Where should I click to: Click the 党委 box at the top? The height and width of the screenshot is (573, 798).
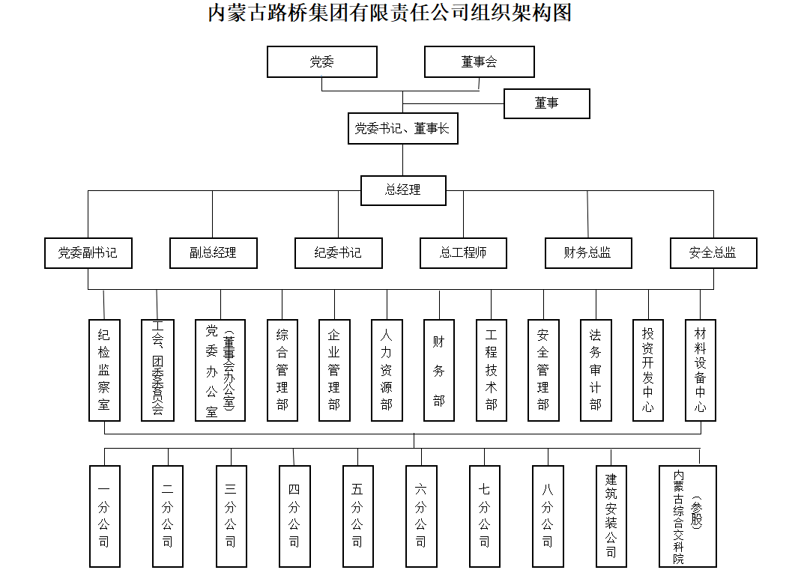click(x=322, y=62)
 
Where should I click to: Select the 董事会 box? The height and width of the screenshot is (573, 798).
click(x=480, y=62)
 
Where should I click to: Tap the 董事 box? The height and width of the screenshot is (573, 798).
click(x=547, y=103)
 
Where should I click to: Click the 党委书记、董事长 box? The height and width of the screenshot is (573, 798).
click(x=402, y=129)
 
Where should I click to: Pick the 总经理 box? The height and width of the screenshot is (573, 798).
click(x=403, y=190)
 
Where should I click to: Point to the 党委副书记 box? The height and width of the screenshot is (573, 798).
click(x=88, y=253)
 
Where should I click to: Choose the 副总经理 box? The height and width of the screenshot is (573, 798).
click(x=213, y=253)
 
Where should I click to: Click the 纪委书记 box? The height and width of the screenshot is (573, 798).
click(x=338, y=253)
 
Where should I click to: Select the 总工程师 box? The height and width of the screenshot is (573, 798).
click(x=463, y=253)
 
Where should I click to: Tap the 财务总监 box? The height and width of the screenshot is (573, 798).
click(x=588, y=253)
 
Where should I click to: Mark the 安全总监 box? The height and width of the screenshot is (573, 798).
click(x=713, y=253)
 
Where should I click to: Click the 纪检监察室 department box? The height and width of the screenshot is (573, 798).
click(x=104, y=370)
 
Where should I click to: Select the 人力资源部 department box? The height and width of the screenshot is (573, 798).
click(x=387, y=370)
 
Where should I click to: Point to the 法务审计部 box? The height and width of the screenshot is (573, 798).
click(x=596, y=370)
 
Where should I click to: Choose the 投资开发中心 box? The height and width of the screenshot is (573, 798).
click(x=648, y=370)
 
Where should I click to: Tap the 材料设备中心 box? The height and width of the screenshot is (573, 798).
click(x=701, y=370)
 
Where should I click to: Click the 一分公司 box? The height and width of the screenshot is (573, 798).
click(x=104, y=516)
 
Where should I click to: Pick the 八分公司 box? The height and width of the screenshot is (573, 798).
click(x=548, y=516)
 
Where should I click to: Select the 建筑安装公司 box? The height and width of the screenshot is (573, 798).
click(x=611, y=516)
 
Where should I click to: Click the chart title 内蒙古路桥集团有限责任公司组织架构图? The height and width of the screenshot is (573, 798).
click(x=390, y=13)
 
